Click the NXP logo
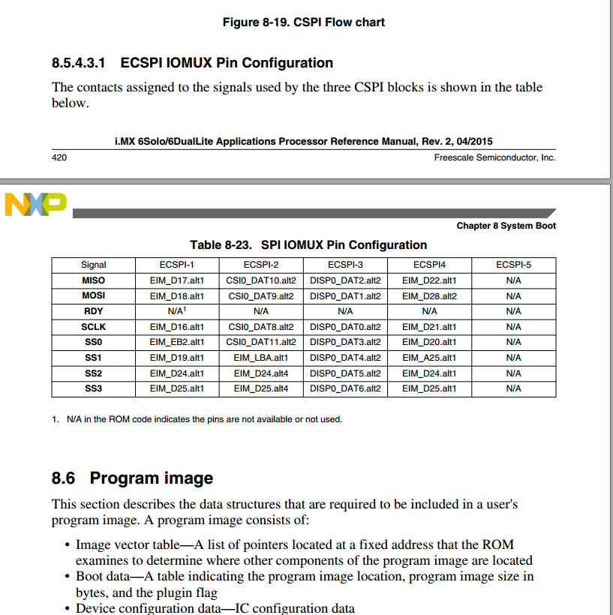35,204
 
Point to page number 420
60,157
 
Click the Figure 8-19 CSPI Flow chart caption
303,22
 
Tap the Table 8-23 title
308,244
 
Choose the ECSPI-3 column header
345,265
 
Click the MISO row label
94,280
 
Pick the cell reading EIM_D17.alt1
177,280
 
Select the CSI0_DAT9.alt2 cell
261,295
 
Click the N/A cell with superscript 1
177,310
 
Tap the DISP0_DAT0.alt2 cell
345,327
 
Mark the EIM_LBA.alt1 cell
261,358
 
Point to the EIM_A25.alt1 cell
429,358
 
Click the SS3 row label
94,388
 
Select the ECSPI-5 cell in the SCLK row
513,327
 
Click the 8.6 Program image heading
132,478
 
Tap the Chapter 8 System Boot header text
506,226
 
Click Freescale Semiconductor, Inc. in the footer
494,157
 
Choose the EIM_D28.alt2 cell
429,295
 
